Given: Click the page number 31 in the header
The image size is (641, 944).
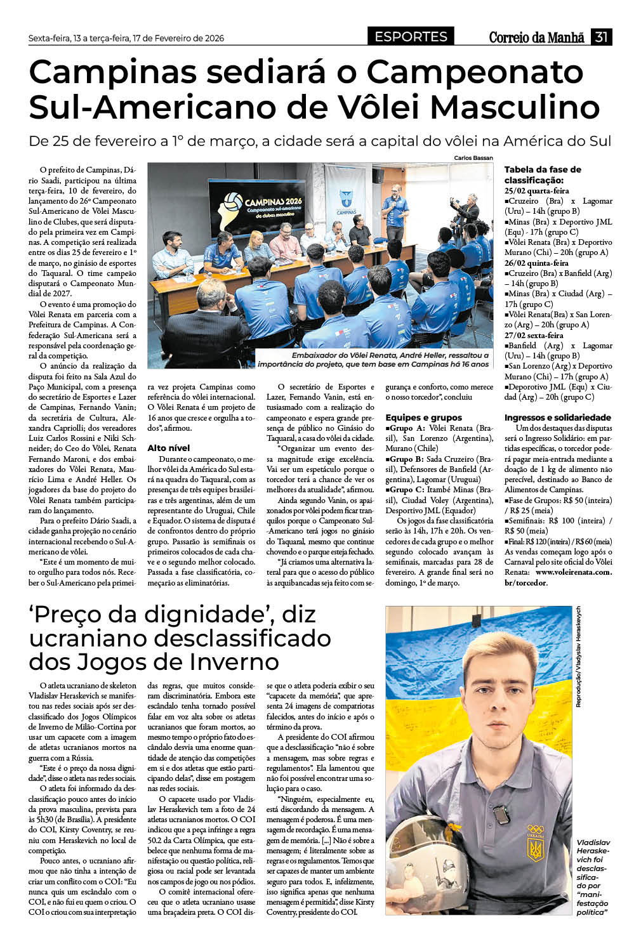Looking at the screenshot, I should tap(601, 37).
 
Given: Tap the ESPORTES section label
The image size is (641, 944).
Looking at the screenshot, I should tap(411, 37).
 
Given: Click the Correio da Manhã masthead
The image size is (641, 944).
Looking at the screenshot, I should tap(536, 37).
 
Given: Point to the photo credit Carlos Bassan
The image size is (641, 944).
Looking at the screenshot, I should tap(473, 158).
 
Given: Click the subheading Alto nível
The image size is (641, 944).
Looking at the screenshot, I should tap(168, 448).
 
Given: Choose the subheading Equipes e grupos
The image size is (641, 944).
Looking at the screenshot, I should tap(423, 417).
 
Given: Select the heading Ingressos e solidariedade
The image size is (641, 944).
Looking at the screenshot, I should tap(557, 417).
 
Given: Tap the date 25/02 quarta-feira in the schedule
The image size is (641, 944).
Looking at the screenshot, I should tap(536, 190).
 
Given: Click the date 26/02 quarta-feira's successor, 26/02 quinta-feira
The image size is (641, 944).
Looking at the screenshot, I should tap(536, 263).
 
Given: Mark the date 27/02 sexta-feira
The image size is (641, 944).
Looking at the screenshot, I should tap(534, 335).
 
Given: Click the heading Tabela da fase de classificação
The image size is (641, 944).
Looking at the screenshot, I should tap(543, 174).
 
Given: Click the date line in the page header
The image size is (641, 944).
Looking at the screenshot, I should tap(126, 38).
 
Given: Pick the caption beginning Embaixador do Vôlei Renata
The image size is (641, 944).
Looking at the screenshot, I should tap(373, 360).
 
